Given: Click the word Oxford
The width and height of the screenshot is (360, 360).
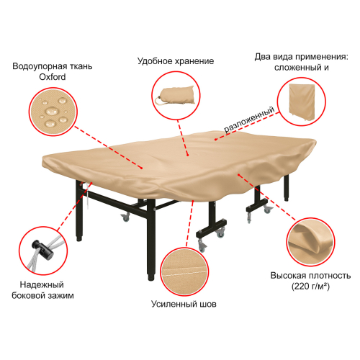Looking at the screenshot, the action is coord(53,77).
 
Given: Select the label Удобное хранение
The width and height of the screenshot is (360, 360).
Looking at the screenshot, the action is coord(176,61).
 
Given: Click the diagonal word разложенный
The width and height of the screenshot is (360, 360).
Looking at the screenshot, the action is coord(249,120).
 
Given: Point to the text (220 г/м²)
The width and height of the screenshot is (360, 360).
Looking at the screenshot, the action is coord(310,287).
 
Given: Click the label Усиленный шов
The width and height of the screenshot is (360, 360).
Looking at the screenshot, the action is coord(184,304).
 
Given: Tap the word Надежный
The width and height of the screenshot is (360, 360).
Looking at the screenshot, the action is coord(42,284).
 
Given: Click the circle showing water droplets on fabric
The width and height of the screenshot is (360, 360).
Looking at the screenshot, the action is coord(53,112).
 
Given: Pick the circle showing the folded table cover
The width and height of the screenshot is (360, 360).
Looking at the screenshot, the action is coord(302,102).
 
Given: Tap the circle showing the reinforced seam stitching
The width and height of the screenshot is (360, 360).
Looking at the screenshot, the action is coord(184,271).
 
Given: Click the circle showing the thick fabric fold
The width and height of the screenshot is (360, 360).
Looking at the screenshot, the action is coord(310,242).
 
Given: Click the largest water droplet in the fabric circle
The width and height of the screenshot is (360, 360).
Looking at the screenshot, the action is coord(52,111).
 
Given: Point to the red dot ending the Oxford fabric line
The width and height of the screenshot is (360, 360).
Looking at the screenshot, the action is coord(142,168).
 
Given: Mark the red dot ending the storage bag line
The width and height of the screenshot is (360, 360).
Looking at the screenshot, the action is coord(188,155).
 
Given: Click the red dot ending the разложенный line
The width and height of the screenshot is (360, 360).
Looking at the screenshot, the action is coord(216,139).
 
